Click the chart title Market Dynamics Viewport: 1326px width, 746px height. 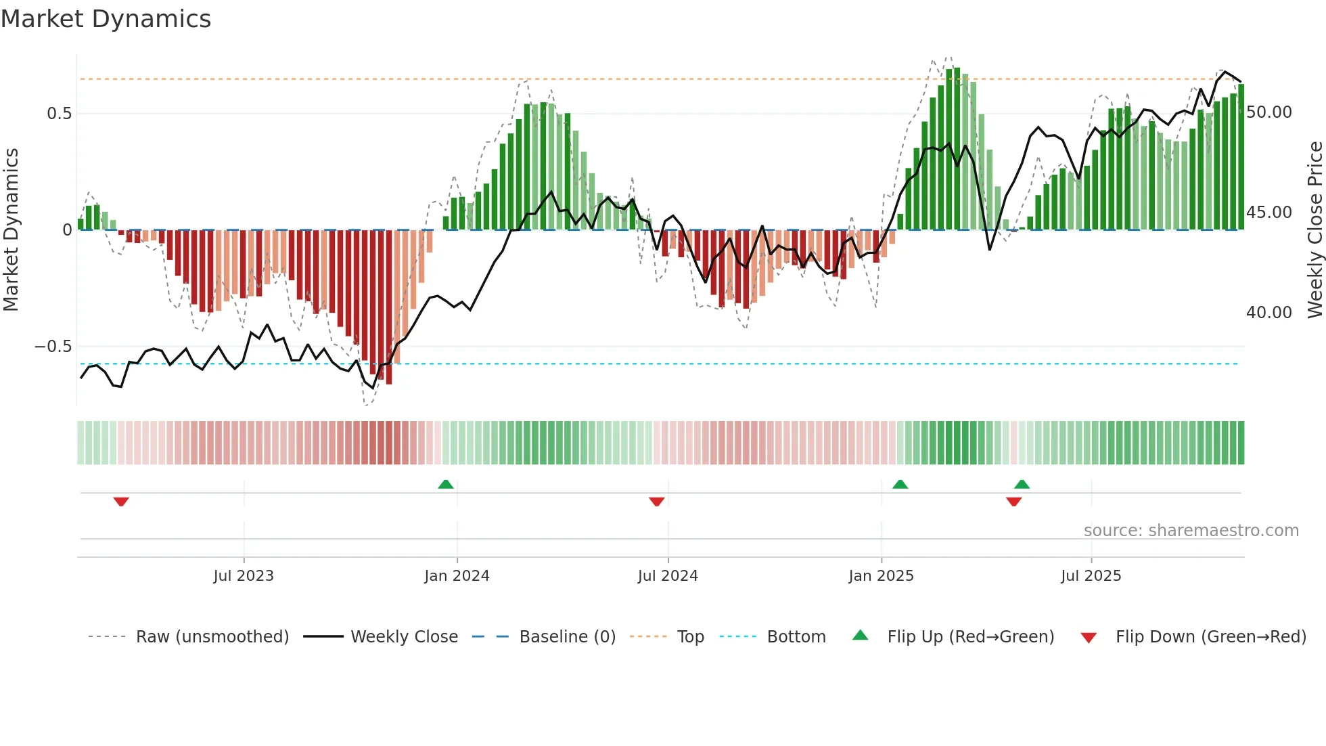click(x=106, y=19)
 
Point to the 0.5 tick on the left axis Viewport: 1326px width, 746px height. click(x=59, y=113)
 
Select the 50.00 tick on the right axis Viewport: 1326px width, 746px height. click(x=1268, y=112)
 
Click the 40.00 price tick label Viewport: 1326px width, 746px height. click(x=1268, y=313)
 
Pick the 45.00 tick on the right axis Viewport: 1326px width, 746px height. click(x=1268, y=213)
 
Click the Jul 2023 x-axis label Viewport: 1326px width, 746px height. click(x=244, y=576)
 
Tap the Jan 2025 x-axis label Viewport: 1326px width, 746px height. click(x=881, y=576)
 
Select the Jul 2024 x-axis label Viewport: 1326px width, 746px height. click(x=668, y=576)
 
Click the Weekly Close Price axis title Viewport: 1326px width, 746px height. click(x=1314, y=230)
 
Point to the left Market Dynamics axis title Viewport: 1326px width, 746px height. click(x=11, y=230)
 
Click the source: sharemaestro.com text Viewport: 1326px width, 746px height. click(x=1191, y=531)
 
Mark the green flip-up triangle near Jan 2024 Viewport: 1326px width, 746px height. click(x=445, y=485)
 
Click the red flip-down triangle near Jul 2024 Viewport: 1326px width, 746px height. click(x=656, y=502)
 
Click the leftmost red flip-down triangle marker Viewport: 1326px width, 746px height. click(x=121, y=502)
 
